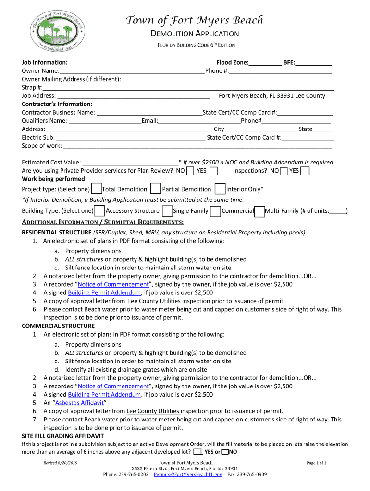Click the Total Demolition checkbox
click(97, 188)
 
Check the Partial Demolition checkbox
click(156, 188)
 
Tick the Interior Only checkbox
click(220, 188)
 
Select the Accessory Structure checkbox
click(99, 210)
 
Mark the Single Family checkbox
click(167, 210)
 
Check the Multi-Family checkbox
click(259, 210)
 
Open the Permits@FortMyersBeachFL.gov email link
click(188, 474)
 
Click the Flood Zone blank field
click(265, 62)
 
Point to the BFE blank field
click(314, 62)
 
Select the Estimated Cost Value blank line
click(130, 162)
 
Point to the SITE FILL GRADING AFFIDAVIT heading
click(63, 436)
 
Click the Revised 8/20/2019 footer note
click(61, 463)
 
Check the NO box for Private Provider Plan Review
click(190, 171)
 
